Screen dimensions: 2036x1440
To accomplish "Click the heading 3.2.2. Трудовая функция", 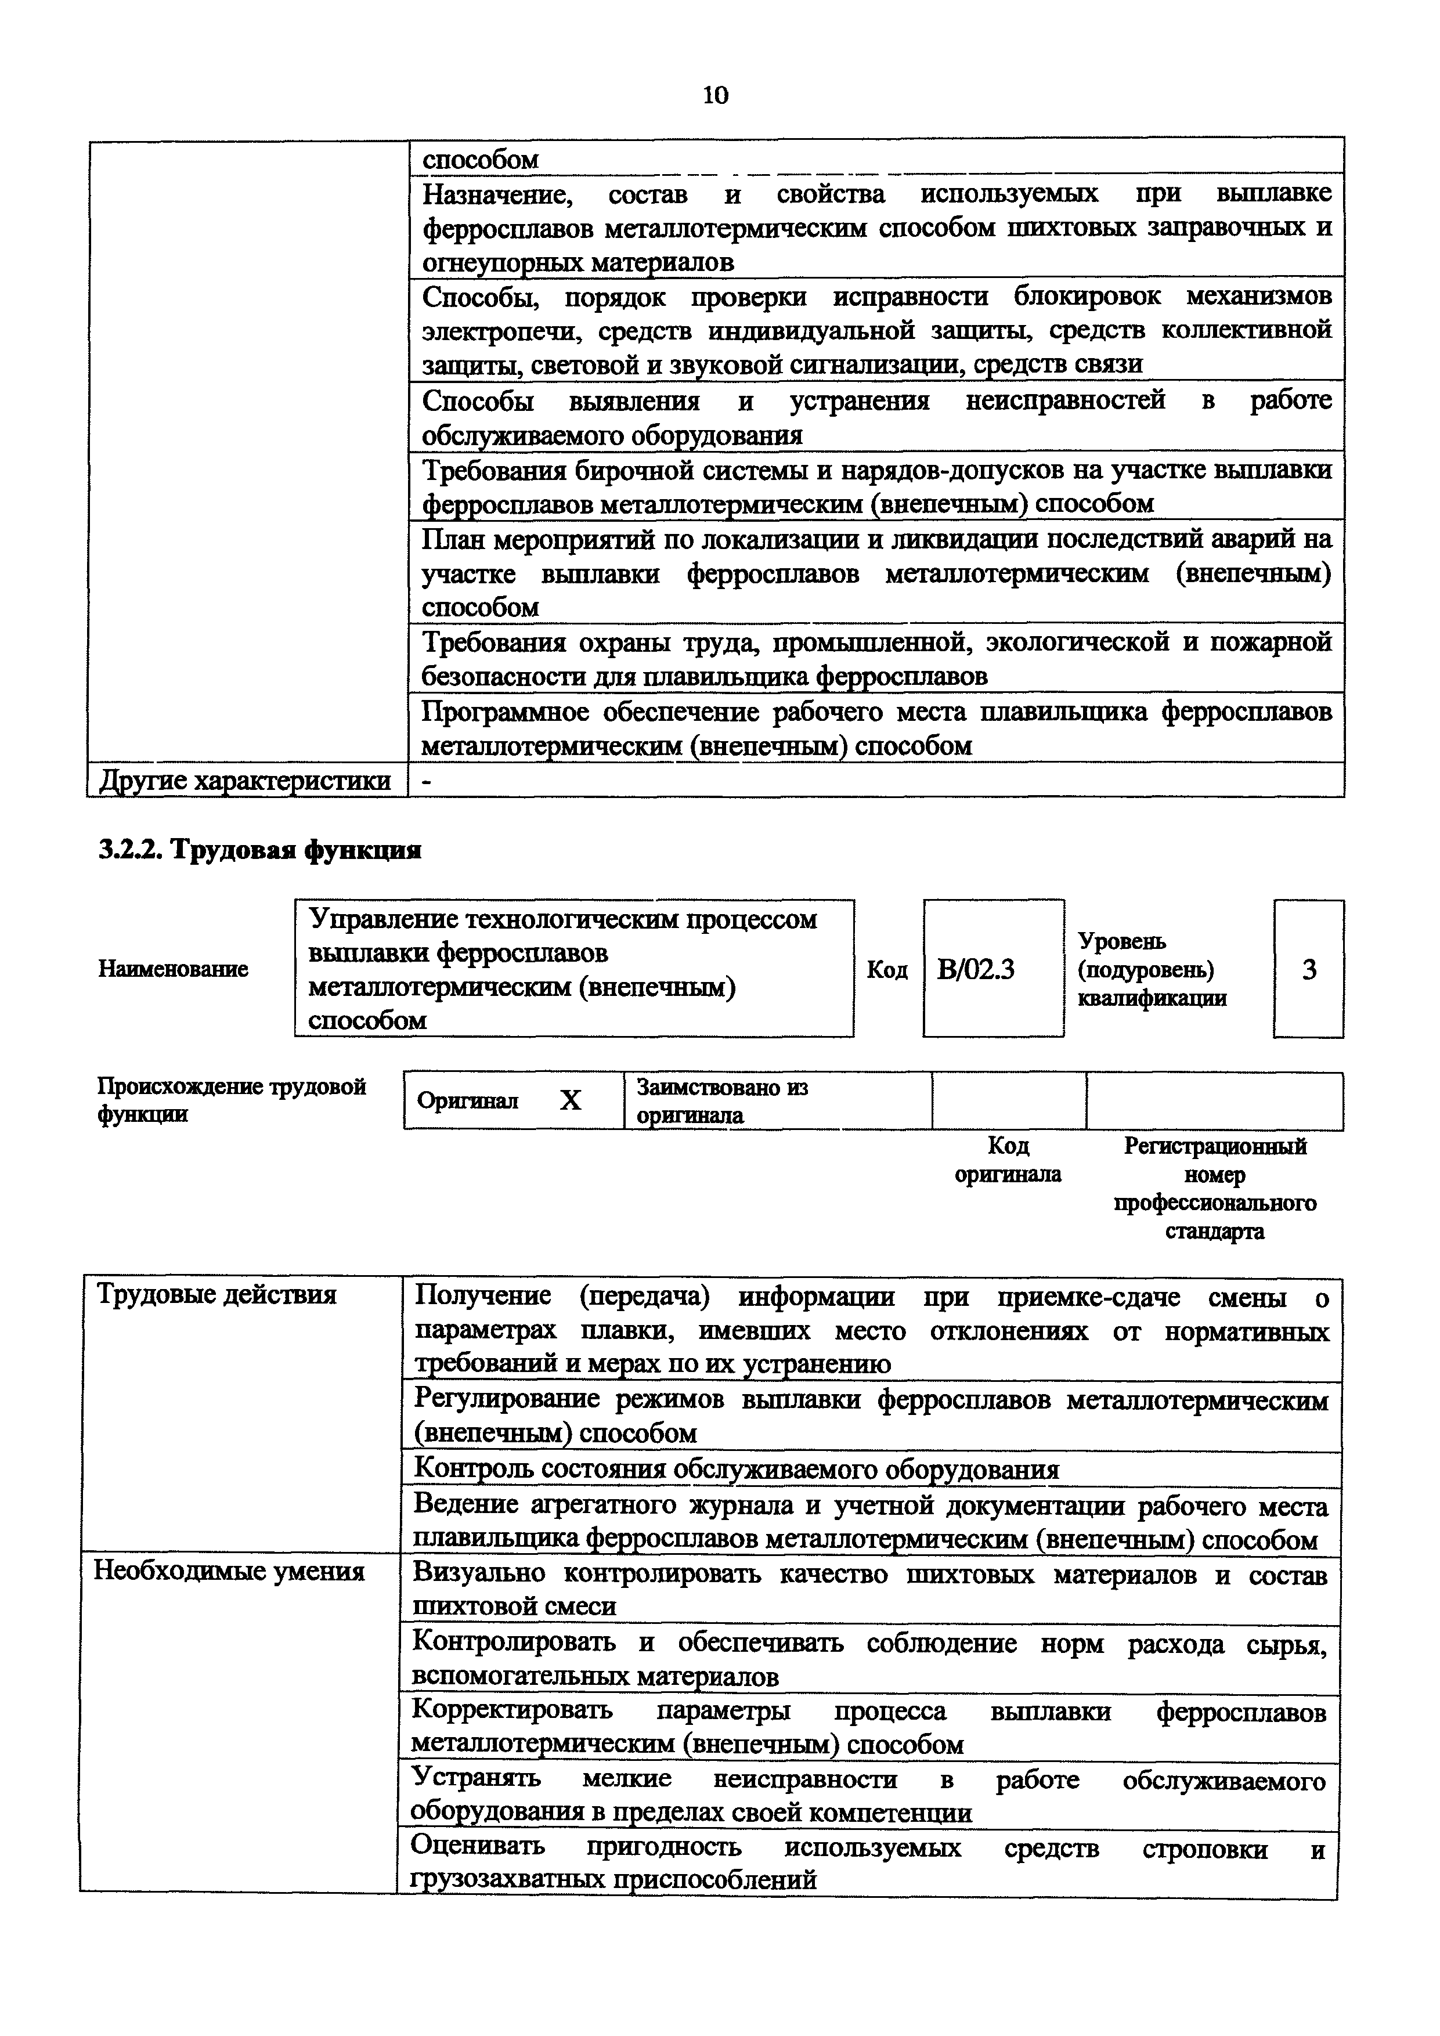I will tap(259, 850).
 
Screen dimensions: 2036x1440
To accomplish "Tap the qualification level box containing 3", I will tap(1309, 969).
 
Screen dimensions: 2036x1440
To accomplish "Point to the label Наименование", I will tap(173, 969).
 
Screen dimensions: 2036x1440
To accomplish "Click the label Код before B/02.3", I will tap(887, 970).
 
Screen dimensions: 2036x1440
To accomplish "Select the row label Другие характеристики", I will tap(245, 781).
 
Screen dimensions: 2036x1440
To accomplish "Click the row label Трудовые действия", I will tap(216, 1295).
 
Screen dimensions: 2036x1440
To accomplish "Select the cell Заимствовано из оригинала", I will tap(722, 1100).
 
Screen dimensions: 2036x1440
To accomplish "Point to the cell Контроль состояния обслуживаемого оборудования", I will tap(736, 1470).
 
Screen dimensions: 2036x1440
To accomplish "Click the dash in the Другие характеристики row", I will tap(427, 781).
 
